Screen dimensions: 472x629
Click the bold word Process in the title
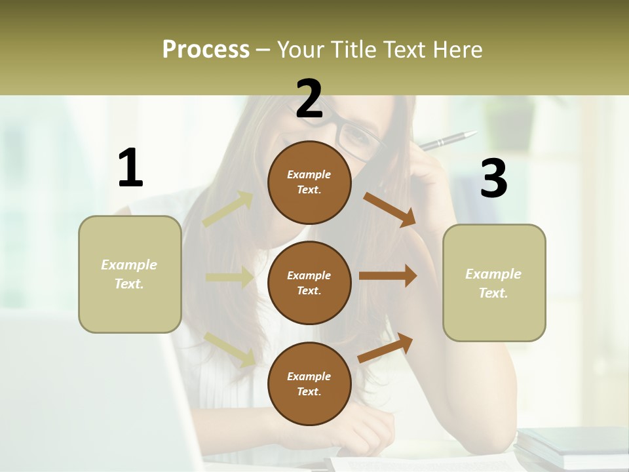[206, 49]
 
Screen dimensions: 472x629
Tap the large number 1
[130, 168]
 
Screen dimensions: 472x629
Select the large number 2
[309, 100]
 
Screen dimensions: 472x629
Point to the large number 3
[493, 179]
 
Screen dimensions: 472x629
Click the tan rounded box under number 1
[130, 274]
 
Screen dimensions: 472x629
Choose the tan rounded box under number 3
[494, 283]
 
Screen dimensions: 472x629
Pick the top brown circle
[309, 182]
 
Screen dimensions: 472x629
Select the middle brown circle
[309, 283]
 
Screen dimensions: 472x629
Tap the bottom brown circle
[309, 383]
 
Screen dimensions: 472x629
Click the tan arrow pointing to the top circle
[228, 209]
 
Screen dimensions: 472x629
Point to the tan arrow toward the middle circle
[229, 277]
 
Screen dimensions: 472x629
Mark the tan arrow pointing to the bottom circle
[230, 348]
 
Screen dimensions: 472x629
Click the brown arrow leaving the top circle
[389, 209]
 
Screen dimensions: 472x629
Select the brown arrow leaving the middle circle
[388, 276]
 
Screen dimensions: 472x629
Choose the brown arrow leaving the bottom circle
[386, 347]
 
